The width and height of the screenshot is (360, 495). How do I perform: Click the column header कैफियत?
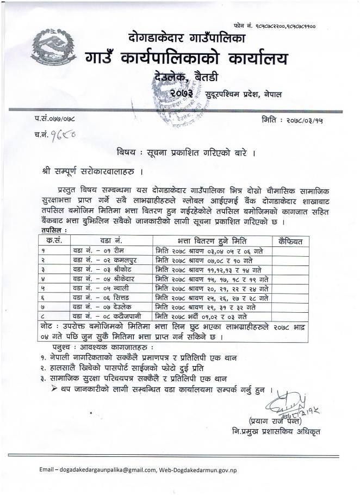click(x=293, y=240)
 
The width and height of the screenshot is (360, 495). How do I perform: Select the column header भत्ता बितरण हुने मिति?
click(x=213, y=240)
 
